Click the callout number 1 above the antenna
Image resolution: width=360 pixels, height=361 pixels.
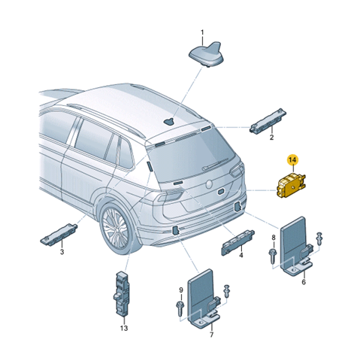202,33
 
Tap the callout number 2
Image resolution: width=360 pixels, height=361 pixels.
271,138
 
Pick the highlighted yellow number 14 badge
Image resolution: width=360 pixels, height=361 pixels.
292,159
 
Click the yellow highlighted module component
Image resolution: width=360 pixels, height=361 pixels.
291,185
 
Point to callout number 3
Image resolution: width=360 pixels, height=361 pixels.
62,251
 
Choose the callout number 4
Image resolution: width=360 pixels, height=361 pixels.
241,256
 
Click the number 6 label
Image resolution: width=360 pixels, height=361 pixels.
304,282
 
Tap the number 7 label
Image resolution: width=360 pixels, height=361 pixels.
211,335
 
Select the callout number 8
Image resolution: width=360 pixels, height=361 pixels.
274,237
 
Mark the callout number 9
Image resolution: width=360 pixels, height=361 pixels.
181,290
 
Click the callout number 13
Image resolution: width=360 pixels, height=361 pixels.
124,328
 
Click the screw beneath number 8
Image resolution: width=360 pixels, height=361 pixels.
272,256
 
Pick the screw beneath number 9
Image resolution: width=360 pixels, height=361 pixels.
180,308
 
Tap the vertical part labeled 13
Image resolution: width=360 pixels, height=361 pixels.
122,293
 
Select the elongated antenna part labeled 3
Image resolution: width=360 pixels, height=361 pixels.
59,233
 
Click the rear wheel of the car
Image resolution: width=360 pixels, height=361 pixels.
117,228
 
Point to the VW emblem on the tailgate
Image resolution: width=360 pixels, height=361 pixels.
209,184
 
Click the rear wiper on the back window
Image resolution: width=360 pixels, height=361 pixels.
215,165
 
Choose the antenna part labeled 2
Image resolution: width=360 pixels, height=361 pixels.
268,121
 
